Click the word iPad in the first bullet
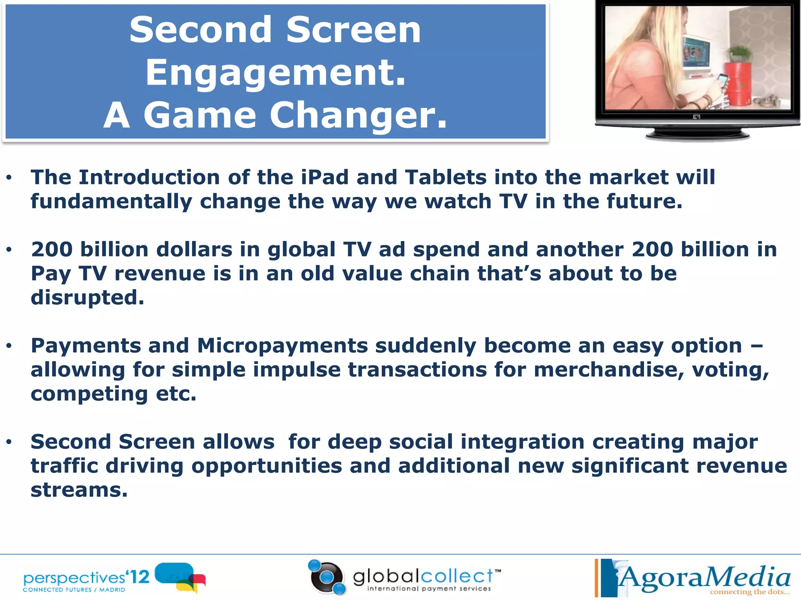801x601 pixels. click(x=324, y=177)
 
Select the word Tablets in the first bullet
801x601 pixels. click(x=445, y=177)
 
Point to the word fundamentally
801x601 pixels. click(x=111, y=202)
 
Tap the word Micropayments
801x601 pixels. click(x=282, y=346)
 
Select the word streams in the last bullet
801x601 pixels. click(x=79, y=490)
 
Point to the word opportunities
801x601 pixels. click(x=266, y=466)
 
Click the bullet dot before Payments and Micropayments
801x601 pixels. click(x=9, y=346)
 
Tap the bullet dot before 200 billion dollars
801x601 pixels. click(x=9, y=250)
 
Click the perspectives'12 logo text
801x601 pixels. click(x=86, y=578)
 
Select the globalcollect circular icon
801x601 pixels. click(x=327, y=578)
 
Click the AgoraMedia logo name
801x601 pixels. click(x=704, y=577)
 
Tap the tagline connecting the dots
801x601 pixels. click(x=749, y=592)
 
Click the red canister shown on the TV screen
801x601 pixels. click(x=738, y=84)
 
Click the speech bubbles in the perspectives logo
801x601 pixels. click(x=181, y=577)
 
